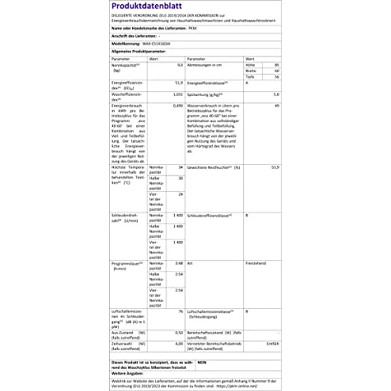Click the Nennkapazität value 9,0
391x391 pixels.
coord(180,65)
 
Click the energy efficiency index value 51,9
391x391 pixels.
coord(179,83)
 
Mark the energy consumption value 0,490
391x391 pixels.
coord(178,106)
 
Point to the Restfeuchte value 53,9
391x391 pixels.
coord(275,167)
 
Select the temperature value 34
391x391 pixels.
coord(181,167)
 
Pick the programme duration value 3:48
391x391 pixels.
coord(180,263)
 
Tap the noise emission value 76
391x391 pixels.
coord(181,311)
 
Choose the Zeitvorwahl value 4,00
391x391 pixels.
coord(179,344)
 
